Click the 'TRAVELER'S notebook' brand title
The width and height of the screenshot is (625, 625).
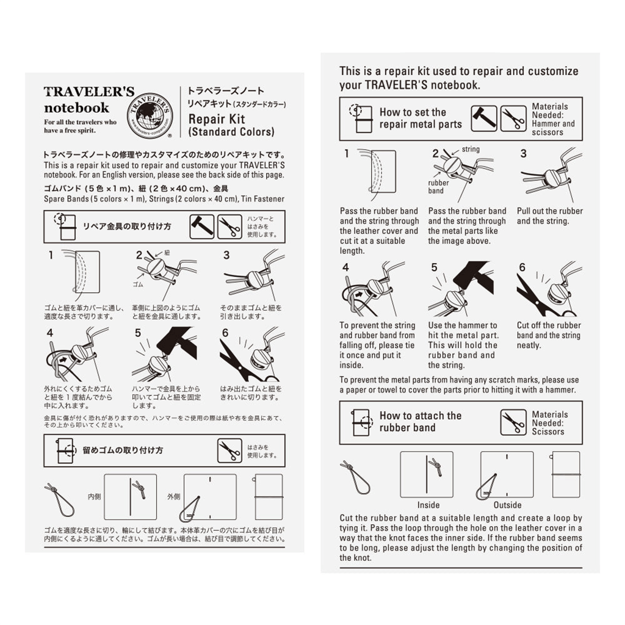pyautogui.click(x=89, y=100)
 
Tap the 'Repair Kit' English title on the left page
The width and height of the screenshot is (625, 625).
pyautogui.click(x=217, y=119)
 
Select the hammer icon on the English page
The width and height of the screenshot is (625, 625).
pyautogui.click(x=483, y=118)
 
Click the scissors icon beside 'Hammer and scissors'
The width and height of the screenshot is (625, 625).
pyautogui.click(x=513, y=118)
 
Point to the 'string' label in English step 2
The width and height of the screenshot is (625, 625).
pyautogui.click(x=471, y=150)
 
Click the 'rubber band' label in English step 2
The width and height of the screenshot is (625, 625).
pyautogui.click(x=438, y=187)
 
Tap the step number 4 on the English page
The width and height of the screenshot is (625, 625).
pyautogui.click(x=345, y=267)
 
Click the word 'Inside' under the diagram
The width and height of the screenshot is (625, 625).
pyautogui.click(x=428, y=505)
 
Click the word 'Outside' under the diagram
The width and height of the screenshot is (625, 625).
pyautogui.click(x=507, y=505)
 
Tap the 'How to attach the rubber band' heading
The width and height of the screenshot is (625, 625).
pyautogui.click(x=420, y=422)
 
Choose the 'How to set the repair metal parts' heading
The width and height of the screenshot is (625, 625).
pyautogui.click(x=421, y=118)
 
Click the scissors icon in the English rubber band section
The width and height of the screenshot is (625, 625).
pyautogui.click(x=513, y=422)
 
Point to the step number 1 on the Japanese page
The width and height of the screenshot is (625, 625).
pyautogui.click(x=51, y=256)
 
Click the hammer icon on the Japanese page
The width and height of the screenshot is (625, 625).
pyautogui.click(x=201, y=226)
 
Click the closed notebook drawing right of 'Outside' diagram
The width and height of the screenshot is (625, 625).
pyautogui.click(x=565, y=474)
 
